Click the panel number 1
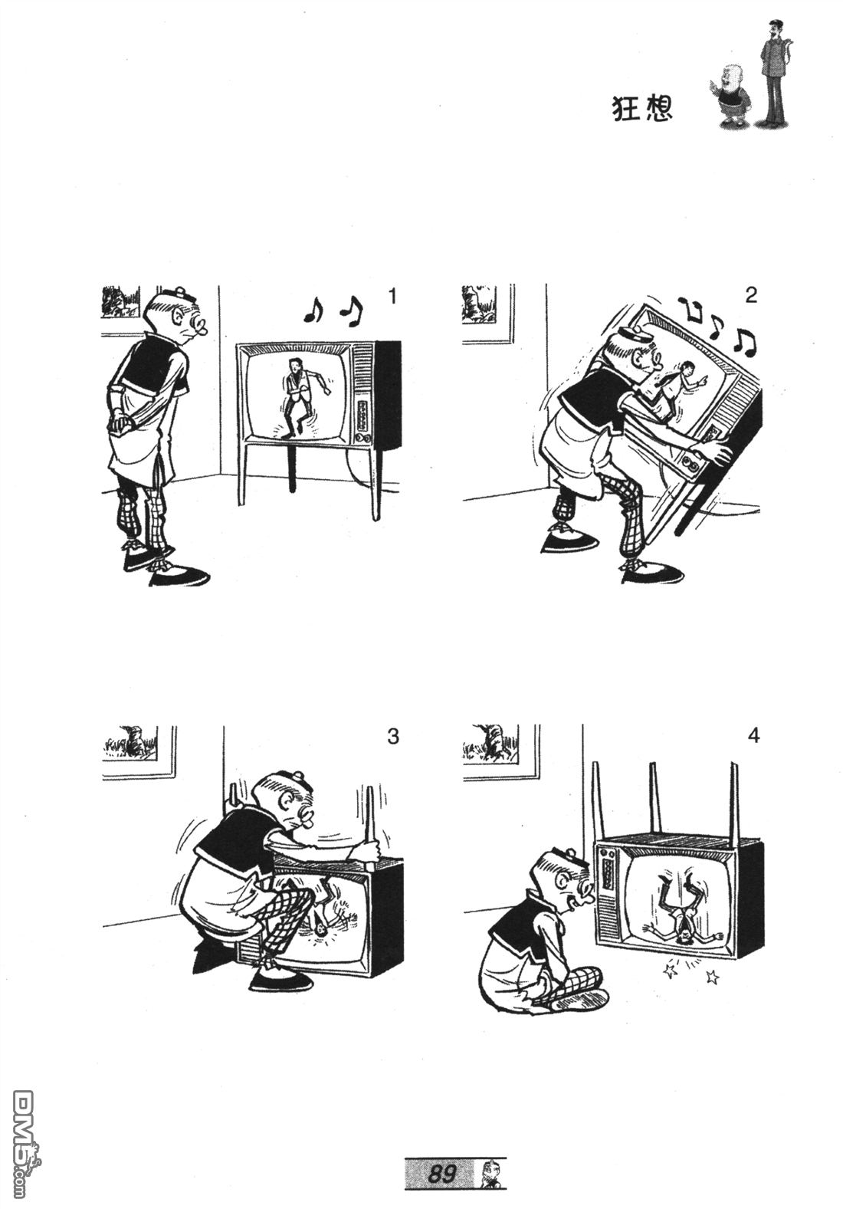392,296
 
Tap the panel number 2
751,294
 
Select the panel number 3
393,736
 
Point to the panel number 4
754,735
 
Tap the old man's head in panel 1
176,317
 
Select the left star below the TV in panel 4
671,970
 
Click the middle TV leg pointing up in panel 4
654,798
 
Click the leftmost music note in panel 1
313,310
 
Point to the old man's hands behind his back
121,422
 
